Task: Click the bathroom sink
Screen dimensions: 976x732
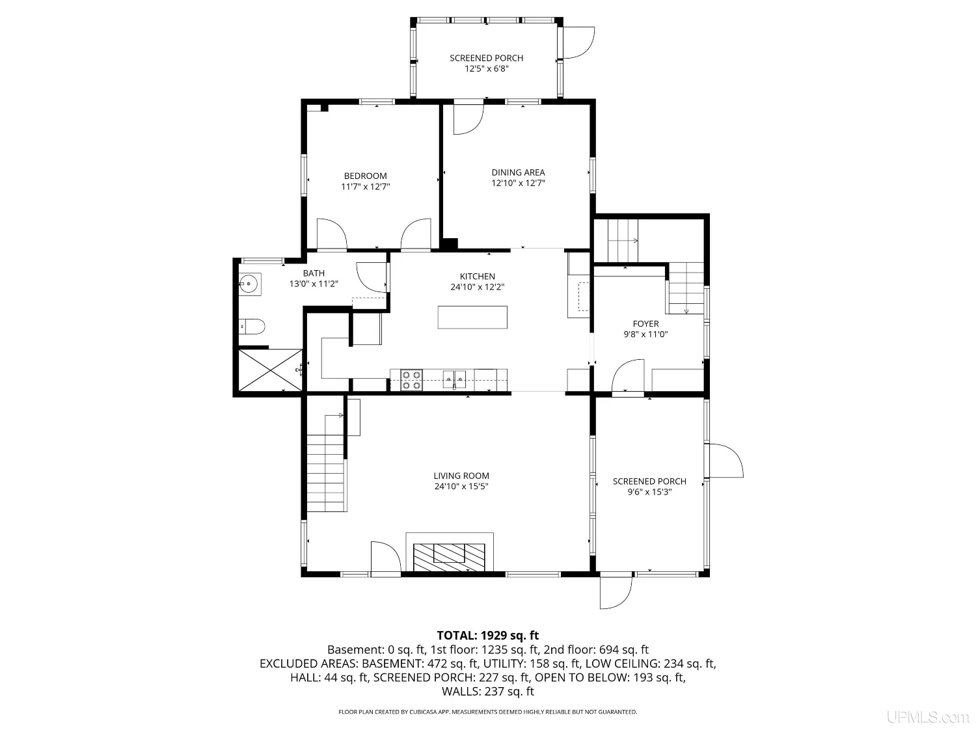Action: pyautogui.click(x=249, y=284)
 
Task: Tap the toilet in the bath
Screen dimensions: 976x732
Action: pyautogui.click(x=252, y=327)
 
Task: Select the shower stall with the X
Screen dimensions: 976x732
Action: pyautogui.click(x=270, y=370)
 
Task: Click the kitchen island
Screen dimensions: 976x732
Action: pyautogui.click(x=472, y=317)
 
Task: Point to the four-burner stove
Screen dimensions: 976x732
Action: pyautogui.click(x=411, y=380)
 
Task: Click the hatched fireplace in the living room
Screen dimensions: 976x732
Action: pyautogui.click(x=449, y=557)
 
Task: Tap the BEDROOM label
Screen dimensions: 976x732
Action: pyautogui.click(x=365, y=176)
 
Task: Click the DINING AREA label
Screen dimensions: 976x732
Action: pyautogui.click(x=518, y=172)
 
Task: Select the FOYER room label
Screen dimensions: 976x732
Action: pyautogui.click(x=645, y=324)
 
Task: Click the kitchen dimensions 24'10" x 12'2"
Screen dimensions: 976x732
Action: pyautogui.click(x=477, y=287)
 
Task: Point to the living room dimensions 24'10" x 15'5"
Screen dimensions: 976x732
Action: pyautogui.click(x=461, y=487)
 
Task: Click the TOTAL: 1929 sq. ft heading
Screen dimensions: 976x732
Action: pyautogui.click(x=488, y=636)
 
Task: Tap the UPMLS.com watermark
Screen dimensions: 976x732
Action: pyautogui.click(x=928, y=717)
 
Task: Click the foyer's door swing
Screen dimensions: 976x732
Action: pyautogui.click(x=628, y=376)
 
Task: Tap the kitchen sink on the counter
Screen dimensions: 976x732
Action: pyautogui.click(x=454, y=380)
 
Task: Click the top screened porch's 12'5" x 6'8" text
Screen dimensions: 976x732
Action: pyautogui.click(x=487, y=69)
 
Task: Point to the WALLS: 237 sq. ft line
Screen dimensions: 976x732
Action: pyautogui.click(x=488, y=692)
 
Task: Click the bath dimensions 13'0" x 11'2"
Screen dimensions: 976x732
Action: pyautogui.click(x=314, y=284)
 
